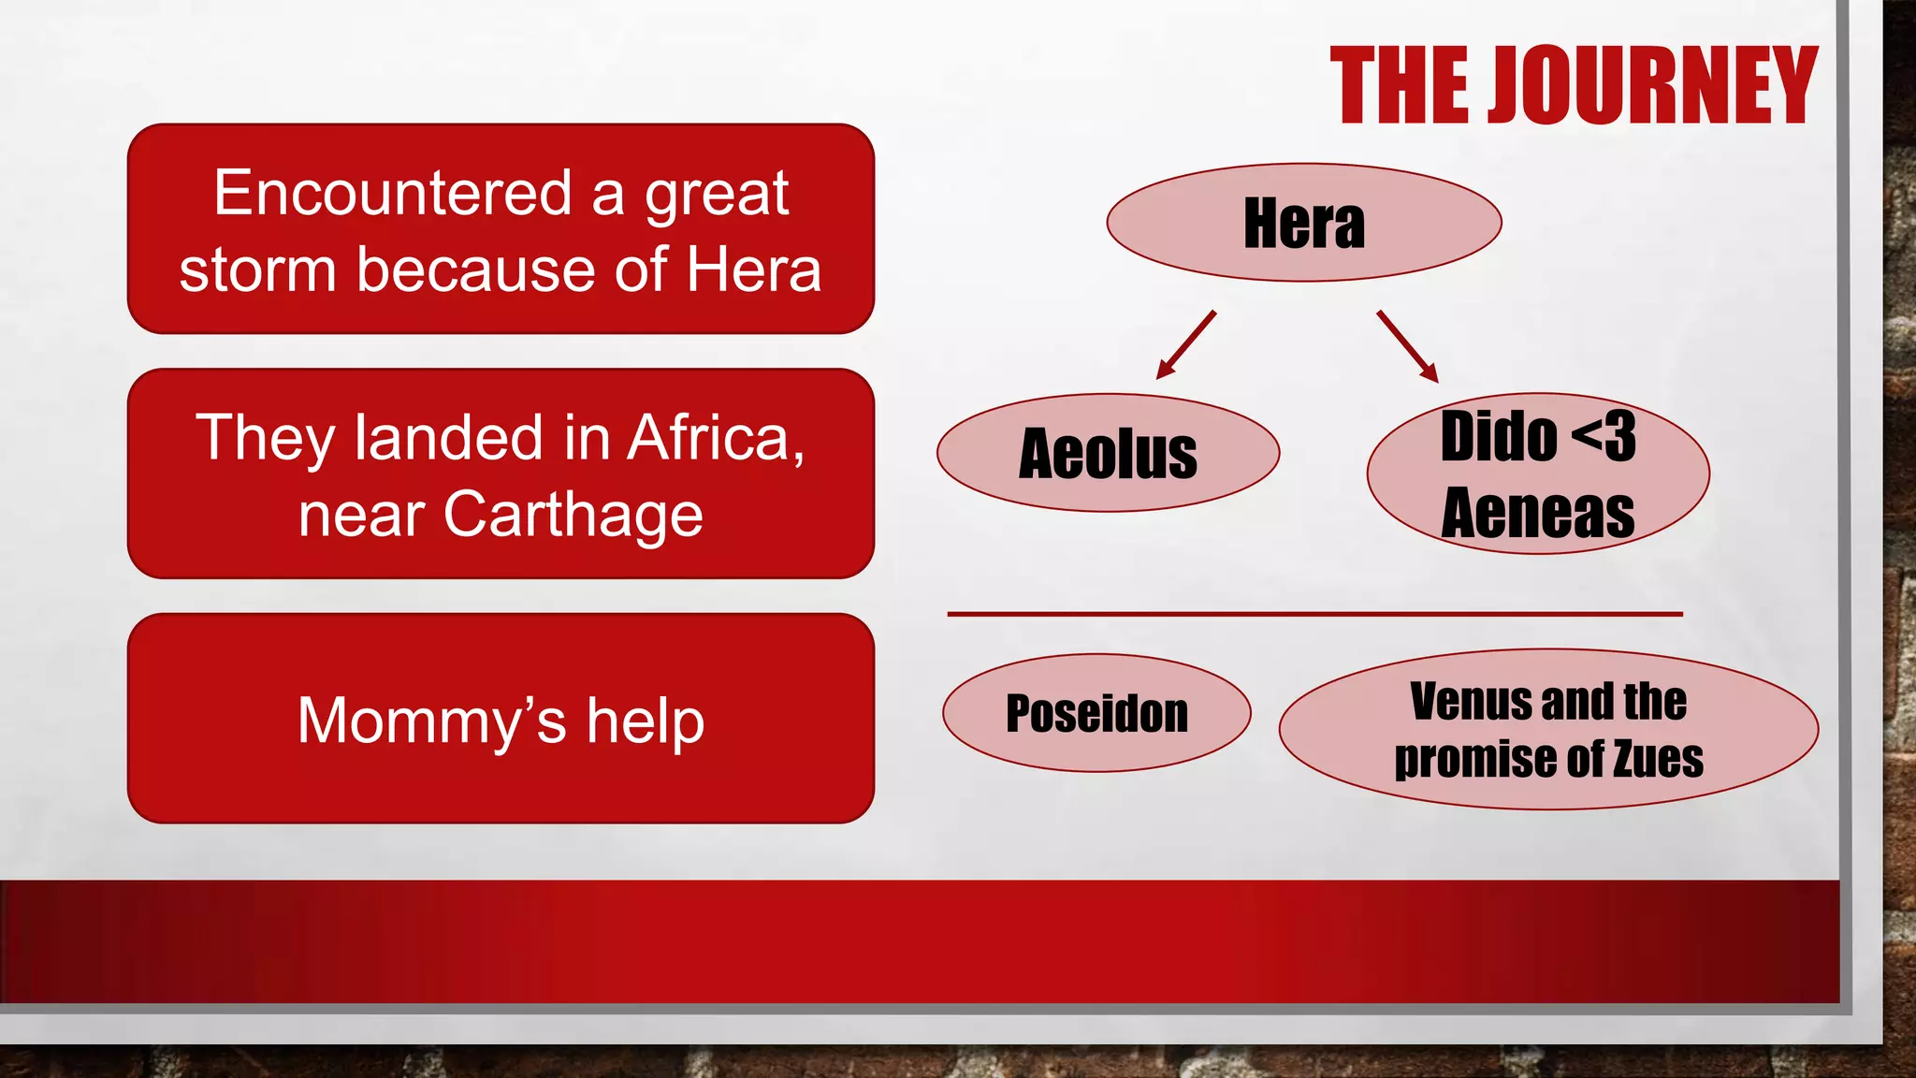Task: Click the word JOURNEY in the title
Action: coord(1652,86)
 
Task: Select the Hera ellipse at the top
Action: coord(1303,223)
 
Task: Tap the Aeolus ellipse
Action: coord(1108,453)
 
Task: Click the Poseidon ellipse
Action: coord(1096,713)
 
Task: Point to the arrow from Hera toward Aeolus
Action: coord(1185,345)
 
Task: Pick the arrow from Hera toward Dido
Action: coord(1407,346)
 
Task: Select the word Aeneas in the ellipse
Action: coord(1537,513)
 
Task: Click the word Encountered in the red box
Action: coord(392,193)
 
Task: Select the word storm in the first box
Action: coord(257,270)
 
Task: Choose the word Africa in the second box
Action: coord(715,438)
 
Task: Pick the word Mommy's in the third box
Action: coord(431,721)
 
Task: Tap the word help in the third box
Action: coord(645,721)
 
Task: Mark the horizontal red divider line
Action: coord(1314,614)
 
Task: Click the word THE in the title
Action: coord(1401,86)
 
